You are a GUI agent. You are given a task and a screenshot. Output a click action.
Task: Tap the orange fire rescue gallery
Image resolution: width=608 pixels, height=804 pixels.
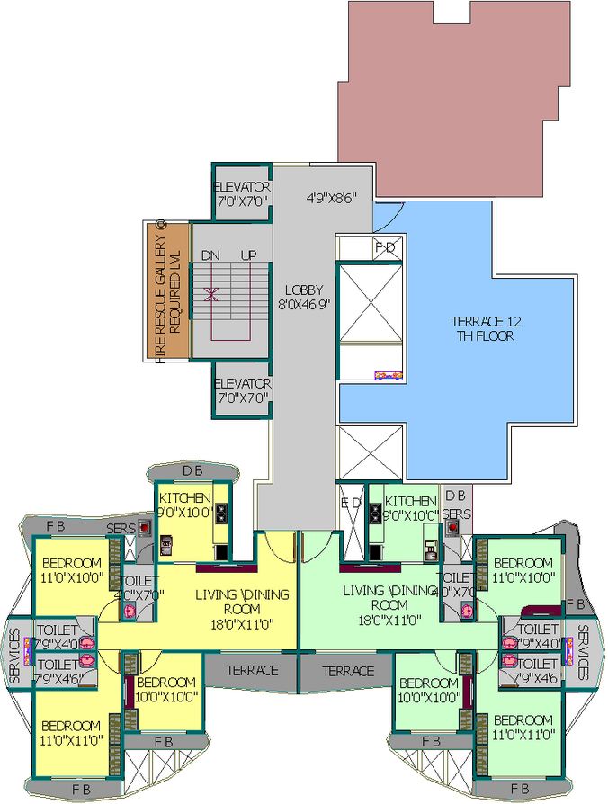[166, 290]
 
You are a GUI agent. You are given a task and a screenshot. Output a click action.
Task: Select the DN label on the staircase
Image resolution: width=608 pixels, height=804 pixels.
[211, 255]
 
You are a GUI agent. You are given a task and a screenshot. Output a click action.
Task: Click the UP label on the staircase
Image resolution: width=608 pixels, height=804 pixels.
[248, 255]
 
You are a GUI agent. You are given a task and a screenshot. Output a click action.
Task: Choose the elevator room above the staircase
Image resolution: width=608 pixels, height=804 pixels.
[242, 192]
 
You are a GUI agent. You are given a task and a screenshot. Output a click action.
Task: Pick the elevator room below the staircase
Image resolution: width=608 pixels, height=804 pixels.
[242, 389]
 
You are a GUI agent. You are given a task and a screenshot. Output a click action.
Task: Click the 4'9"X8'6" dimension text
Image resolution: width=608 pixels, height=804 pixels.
[332, 197]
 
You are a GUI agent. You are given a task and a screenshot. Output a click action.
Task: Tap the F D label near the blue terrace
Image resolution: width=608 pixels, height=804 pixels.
[385, 246]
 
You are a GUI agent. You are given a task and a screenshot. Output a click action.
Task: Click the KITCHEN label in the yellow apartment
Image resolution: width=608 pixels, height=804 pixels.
[185, 498]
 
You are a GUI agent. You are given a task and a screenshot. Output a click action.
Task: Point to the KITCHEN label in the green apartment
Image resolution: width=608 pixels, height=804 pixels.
[411, 501]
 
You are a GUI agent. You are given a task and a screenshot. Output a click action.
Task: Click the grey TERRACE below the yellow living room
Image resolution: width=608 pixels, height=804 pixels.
[252, 671]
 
